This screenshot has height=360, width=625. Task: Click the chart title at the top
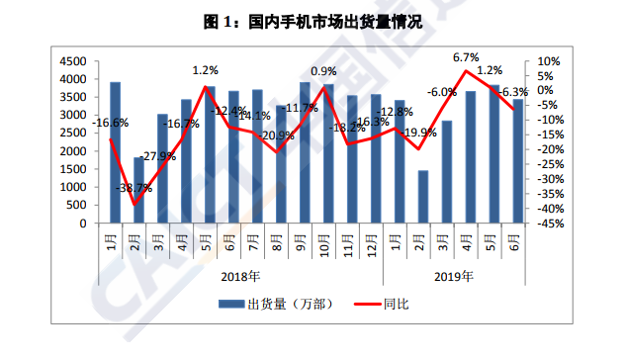click(312, 21)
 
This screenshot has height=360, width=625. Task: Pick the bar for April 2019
click(471, 157)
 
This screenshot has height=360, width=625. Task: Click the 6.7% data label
click(466, 57)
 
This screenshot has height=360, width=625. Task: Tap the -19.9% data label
click(419, 132)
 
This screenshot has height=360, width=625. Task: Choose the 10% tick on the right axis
click(548, 60)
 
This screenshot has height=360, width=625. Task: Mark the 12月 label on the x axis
click(374, 241)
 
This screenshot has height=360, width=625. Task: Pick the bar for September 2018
click(305, 152)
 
